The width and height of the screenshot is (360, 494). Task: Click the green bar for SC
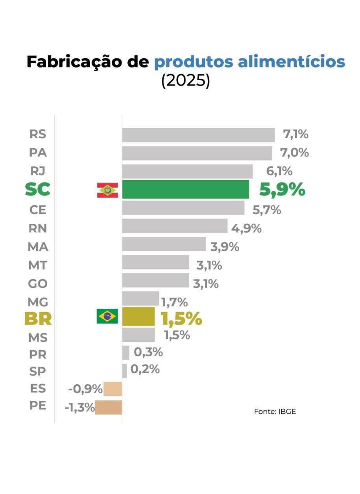tap(185, 190)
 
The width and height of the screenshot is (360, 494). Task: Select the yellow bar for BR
tap(138, 317)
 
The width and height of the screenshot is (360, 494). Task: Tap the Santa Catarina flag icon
tap(107, 190)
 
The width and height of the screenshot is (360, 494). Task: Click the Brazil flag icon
tap(107, 316)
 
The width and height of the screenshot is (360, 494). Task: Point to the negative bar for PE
tap(108, 407)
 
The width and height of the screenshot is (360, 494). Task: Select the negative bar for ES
tap(113, 389)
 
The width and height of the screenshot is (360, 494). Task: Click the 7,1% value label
tap(295, 135)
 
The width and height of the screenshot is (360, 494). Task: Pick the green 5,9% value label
tap(282, 190)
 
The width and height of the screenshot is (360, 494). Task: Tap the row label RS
tap(38, 135)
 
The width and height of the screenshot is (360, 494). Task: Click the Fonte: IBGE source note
tap(275, 412)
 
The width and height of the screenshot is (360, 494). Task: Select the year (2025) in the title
tap(185, 81)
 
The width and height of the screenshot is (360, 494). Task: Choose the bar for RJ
tap(187, 171)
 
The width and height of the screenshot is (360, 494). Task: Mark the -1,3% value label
tap(79, 407)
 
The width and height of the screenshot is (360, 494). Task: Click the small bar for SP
tap(124, 371)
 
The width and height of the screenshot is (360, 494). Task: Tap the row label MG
tap(38, 302)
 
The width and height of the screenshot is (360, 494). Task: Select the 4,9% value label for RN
tap(246, 228)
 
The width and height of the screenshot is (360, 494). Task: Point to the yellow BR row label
tap(38, 318)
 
